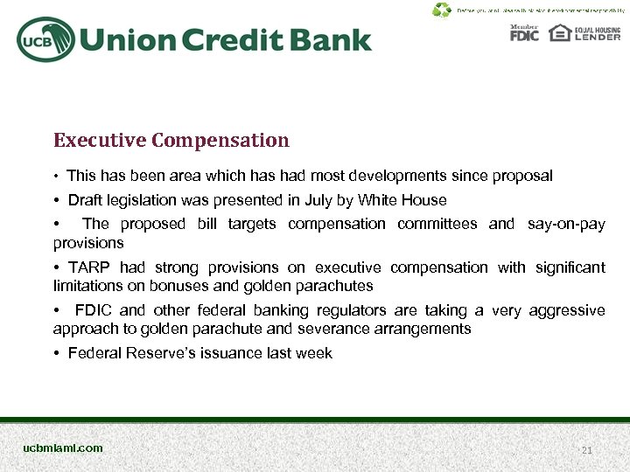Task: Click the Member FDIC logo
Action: (x=524, y=33)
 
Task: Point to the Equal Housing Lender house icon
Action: (x=559, y=33)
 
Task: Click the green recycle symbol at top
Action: (x=442, y=10)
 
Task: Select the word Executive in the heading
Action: (x=99, y=140)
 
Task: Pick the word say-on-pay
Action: (x=566, y=224)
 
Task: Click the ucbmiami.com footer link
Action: (x=63, y=448)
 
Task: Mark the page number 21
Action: (x=587, y=450)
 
